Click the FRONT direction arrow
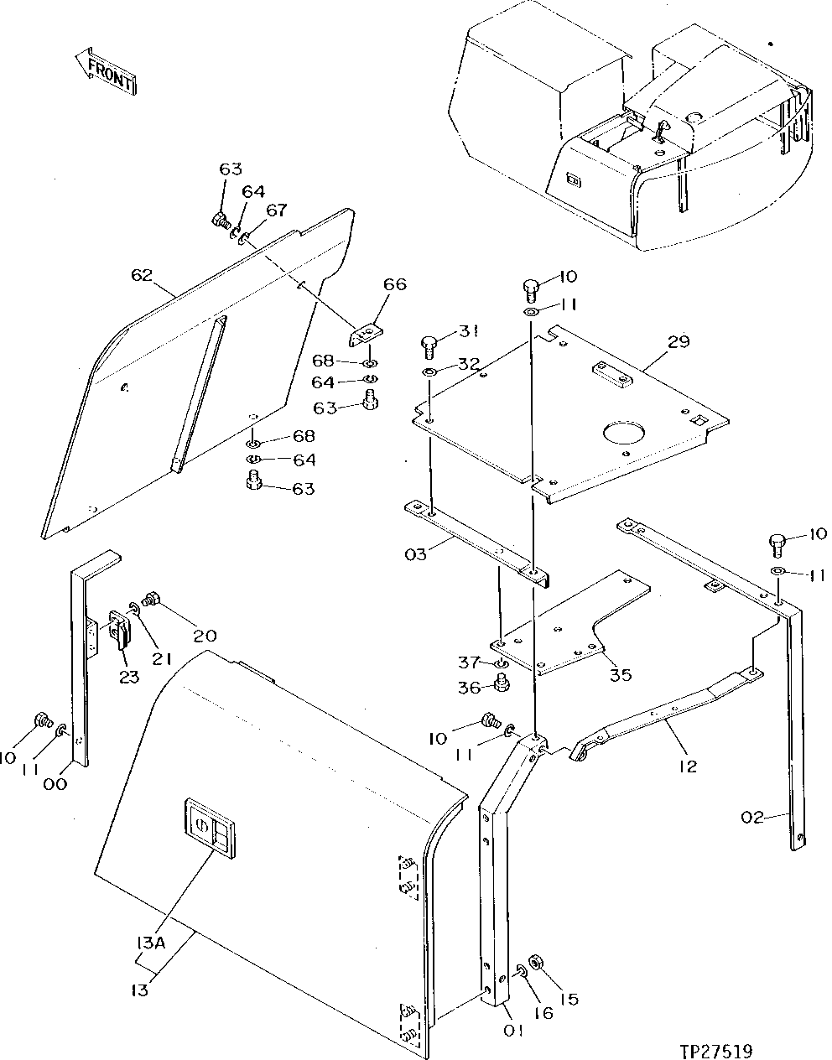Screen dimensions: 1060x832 (106, 71)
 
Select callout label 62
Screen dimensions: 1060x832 (142, 274)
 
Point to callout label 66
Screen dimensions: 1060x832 (394, 284)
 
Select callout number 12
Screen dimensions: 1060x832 (688, 766)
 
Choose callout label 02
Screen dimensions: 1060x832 (752, 816)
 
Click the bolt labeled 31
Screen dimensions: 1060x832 (428, 343)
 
